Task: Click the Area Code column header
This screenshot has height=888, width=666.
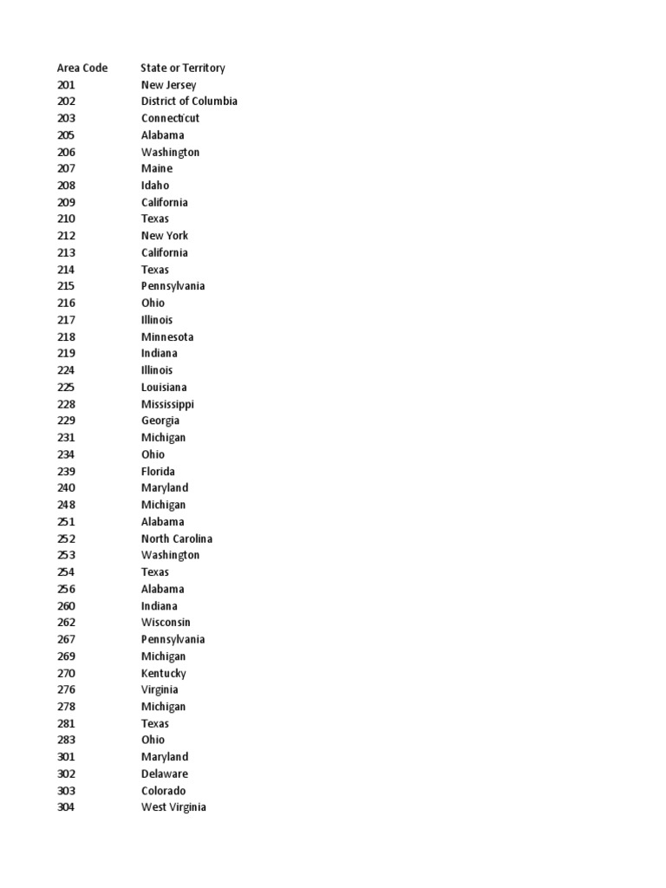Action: tap(82, 68)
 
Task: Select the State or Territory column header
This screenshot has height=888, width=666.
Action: tap(183, 68)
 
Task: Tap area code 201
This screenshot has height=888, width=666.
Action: tap(66, 85)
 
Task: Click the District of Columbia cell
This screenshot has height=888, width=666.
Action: tap(189, 101)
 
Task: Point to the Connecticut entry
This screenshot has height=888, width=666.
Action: tap(170, 118)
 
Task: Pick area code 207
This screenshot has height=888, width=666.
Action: tap(66, 168)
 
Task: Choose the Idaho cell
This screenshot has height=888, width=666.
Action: tap(155, 186)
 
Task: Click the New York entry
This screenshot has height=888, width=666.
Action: tap(165, 236)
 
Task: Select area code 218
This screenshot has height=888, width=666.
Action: tap(66, 336)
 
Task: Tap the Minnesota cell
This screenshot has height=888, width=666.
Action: tap(167, 336)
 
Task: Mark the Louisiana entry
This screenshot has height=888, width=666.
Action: tap(164, 388)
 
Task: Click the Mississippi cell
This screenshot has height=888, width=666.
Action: tap(167, 404)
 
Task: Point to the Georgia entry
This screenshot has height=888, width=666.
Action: tap(160, 421)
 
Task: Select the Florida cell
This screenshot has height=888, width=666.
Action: tap(158, 472)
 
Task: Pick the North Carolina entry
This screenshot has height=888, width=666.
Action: tap(177, 539)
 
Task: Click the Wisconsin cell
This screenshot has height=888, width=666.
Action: tap(166, 623)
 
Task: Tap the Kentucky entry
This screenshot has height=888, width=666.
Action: tap(163, 673)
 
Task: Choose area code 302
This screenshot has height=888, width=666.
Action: tap(66, 774)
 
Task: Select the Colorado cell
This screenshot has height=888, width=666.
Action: tap(163, 791)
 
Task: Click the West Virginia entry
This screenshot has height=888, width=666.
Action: tap(173, 807)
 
